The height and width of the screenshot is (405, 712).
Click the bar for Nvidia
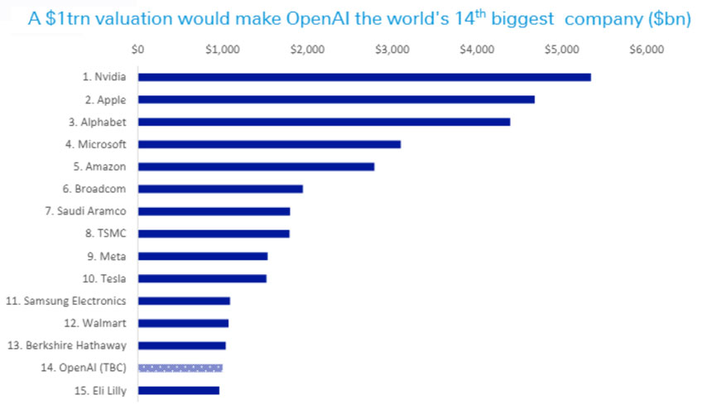pos(364,77)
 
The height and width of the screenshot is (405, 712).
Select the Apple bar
pos(336,99)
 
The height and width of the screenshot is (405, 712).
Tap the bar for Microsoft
pos(270,144)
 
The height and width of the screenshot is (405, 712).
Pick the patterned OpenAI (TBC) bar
pos(180,369)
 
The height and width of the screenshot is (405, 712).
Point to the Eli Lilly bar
pos(179,390)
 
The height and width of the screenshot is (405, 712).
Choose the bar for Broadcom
pos(221,189)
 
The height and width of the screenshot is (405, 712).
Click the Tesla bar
pos(203,279)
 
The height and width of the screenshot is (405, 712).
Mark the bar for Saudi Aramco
pos(214,211)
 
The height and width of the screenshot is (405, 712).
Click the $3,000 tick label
pos(392,50)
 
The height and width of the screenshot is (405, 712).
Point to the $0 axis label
pos(137,50)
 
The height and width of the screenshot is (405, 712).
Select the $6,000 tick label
pos(647,50)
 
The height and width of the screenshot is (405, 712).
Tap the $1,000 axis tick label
pos(223,50)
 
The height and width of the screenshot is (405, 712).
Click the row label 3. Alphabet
pos(98,122)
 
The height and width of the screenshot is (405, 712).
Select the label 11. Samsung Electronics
pos(66,301)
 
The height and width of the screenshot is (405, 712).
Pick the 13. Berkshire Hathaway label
pos(67,345)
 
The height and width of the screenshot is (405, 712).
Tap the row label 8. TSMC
pos(106,234)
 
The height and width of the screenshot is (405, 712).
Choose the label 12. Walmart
pos(95,323)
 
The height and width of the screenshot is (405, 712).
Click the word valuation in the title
pos(129,19)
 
